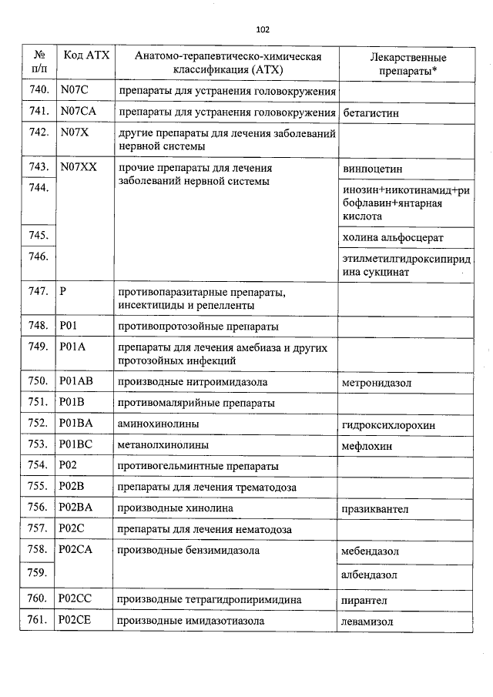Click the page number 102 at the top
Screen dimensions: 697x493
[x=262, y=30]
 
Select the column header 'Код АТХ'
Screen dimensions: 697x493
[x=86, y=56]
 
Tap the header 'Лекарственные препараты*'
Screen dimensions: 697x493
[x=407, y=63]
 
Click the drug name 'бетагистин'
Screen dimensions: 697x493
[x=371, y=112]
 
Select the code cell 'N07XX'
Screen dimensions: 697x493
[x=78, y=167]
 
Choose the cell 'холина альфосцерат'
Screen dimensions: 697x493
[x=393, y=238]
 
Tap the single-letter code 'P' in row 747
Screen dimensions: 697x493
[x=63, y=292]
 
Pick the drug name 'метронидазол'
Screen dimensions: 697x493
[x=377, y=383]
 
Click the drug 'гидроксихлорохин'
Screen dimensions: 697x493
[x=389, y=424]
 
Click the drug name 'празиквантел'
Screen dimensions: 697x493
[x=376, y=508]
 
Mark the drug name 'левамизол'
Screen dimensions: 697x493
[x=368, y=621]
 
